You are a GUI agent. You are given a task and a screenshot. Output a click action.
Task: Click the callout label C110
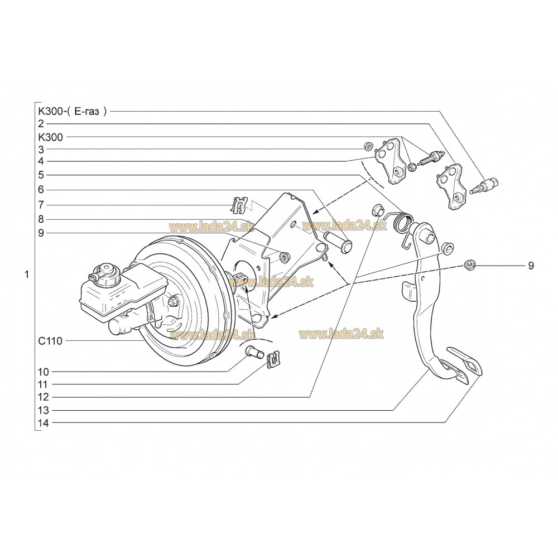pos(50,340)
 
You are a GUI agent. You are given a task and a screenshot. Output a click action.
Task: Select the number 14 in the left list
pos(44,423)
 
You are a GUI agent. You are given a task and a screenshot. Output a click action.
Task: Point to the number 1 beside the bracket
pos(26,274)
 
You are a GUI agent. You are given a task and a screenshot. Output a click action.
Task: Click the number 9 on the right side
pos(531,266)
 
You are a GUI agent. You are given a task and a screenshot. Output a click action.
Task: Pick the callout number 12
pos(44,397)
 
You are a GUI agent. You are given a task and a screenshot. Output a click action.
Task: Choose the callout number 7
pos(41,204)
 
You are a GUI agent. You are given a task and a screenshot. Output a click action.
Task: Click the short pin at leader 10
pos(254,353)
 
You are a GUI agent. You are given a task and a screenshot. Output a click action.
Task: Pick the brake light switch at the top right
pos(488,185)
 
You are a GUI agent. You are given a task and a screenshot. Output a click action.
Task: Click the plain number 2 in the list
pos(41,123)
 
